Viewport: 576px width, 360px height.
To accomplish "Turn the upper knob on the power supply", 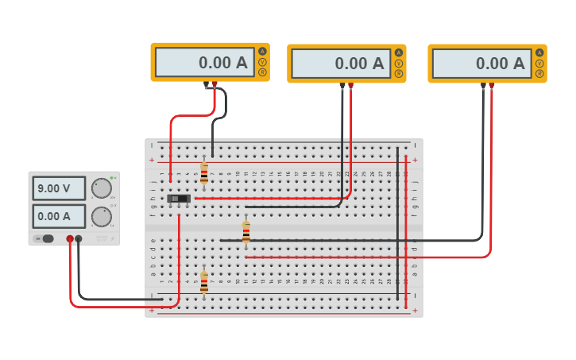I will point(101,188).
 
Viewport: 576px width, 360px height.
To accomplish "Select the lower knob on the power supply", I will point(101,216).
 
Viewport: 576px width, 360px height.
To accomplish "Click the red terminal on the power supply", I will point(70,238).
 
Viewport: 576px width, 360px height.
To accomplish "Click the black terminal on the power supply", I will point(79,238).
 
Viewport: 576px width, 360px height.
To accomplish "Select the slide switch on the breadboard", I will point(179,198).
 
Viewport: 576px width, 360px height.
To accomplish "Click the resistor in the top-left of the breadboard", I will point(204,173).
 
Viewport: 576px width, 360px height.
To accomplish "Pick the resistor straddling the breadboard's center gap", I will point(246,231).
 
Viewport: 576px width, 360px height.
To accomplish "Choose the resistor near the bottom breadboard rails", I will point(204,282).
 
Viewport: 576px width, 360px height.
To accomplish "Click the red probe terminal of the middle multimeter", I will point(351,85).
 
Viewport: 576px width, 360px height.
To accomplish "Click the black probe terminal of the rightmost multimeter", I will point(483,85).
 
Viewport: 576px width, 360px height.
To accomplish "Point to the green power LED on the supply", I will point(111,178).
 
